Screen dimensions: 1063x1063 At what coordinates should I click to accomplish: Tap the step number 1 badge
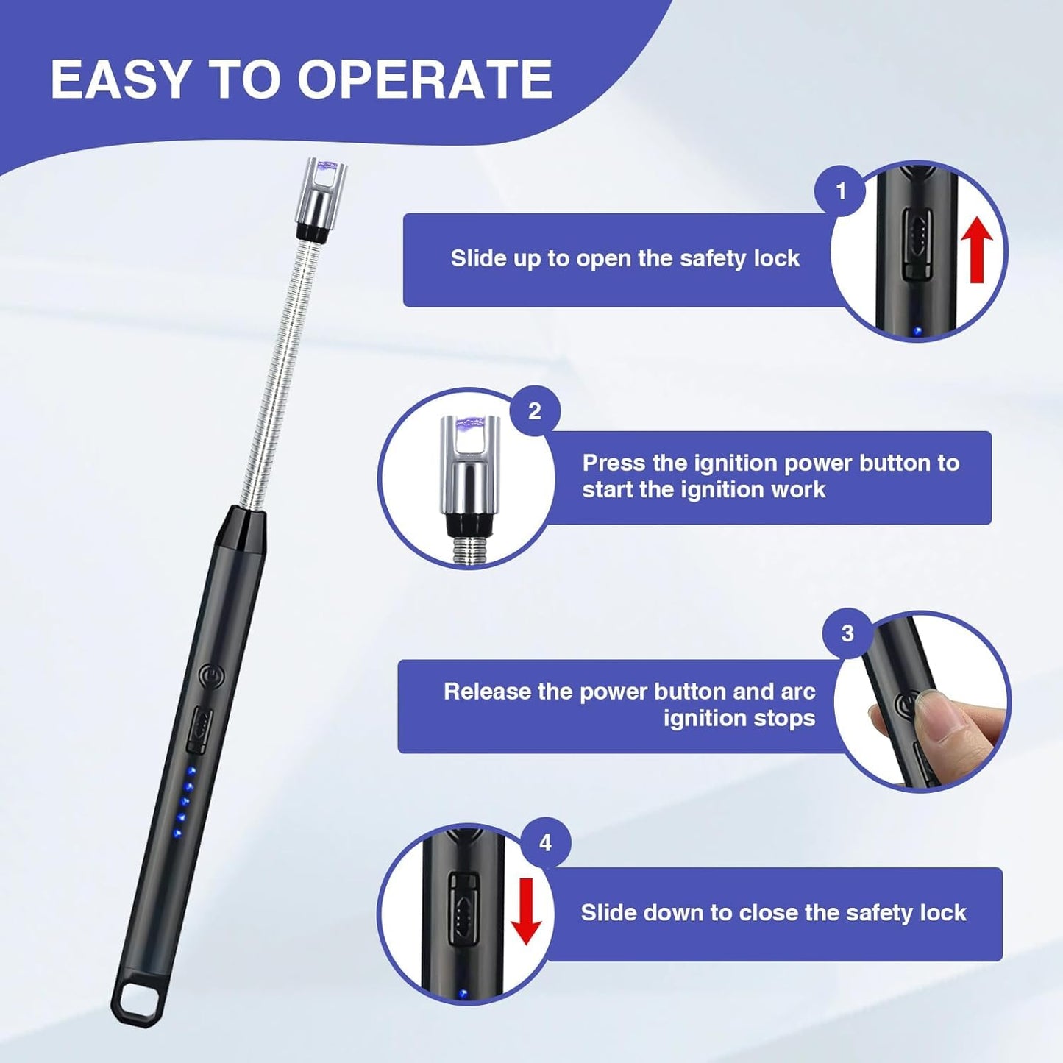841,192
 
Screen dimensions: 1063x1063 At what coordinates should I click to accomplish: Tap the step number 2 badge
535,410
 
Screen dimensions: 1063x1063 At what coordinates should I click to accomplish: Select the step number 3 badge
847,633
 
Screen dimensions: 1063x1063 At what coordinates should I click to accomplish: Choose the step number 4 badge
545,842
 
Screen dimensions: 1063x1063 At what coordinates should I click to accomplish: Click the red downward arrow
526,911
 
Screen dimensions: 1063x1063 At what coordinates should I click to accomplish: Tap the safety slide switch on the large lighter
199,728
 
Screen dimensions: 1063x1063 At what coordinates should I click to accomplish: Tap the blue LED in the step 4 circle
463,994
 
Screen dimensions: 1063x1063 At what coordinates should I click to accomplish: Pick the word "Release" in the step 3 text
487,692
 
